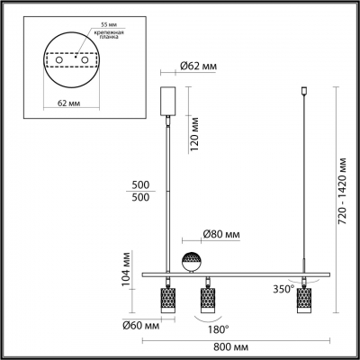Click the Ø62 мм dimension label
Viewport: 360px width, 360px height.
196,66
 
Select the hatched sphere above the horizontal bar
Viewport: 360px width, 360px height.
192,262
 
